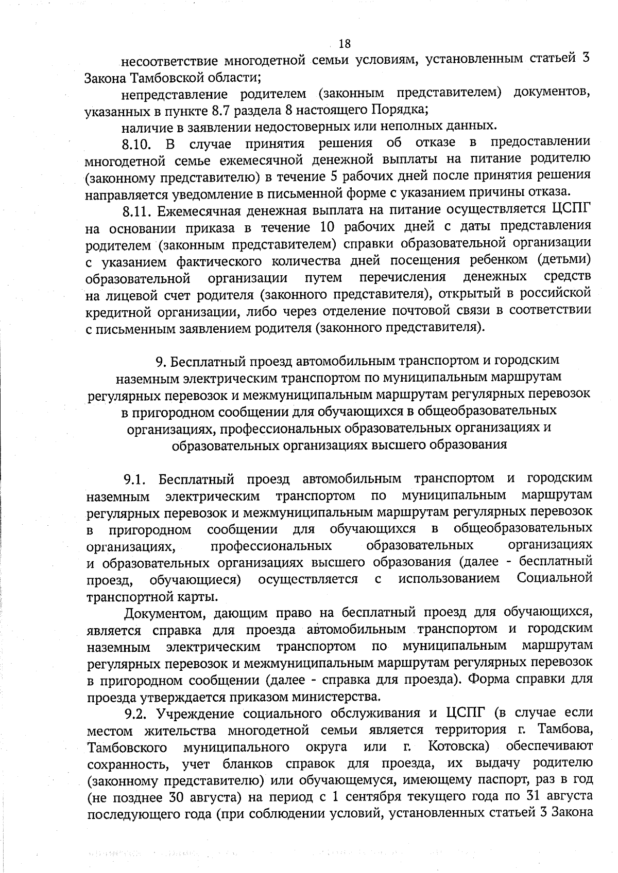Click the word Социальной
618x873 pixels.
click(554, 578)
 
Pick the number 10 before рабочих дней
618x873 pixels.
click(329, 227)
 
